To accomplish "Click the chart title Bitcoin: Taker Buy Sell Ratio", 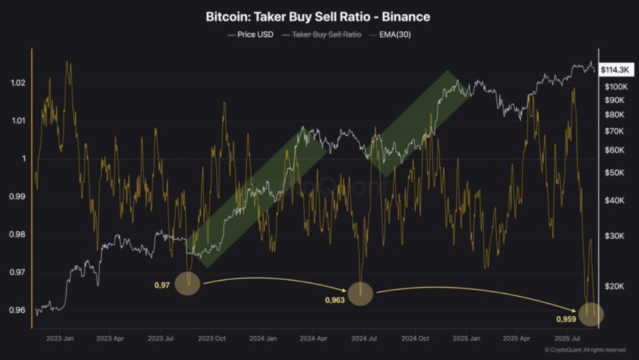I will pos(319,16).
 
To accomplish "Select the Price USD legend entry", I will pos(250,34).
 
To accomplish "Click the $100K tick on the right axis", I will pos(616,87).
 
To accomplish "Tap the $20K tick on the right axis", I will pos(614,286).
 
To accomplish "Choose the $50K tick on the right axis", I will pos(614,173).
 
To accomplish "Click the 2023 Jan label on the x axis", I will pos(59,338).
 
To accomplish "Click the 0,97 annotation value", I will pos(162,284).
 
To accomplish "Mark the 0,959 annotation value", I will pos(566,319).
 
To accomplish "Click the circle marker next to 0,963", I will pos(360,293).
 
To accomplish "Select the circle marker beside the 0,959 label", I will pos(591,314).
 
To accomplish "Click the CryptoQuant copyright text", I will pos(589,350).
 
